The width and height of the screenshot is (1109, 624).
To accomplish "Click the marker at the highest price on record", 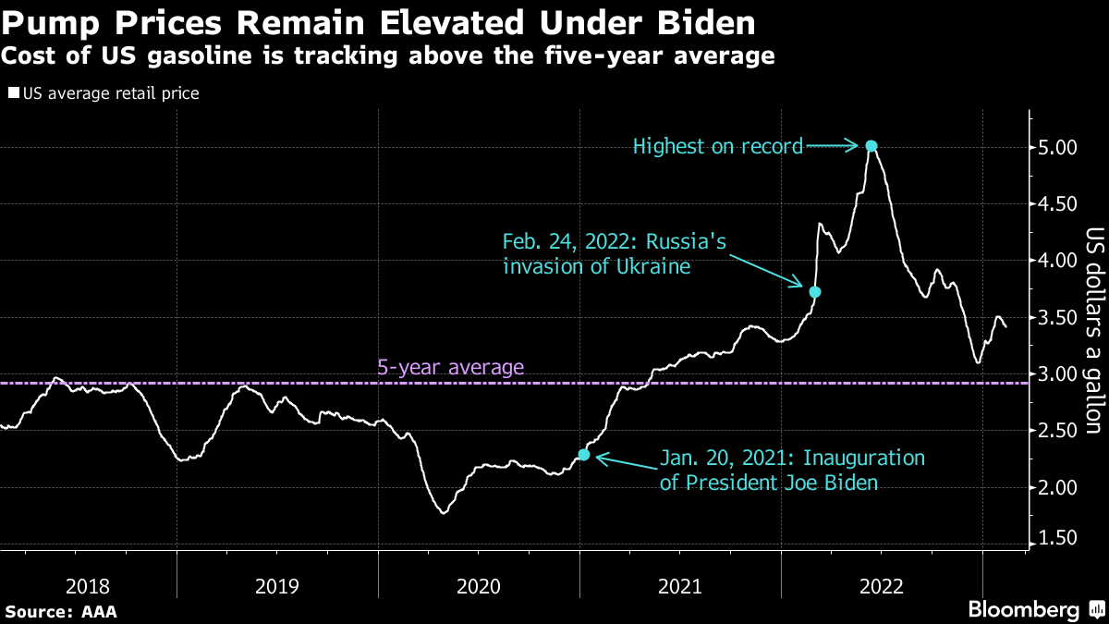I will pos(871,145).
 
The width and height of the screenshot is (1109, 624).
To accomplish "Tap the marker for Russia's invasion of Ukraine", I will pos(814,292).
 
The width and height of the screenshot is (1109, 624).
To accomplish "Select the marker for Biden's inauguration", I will pos(583,454).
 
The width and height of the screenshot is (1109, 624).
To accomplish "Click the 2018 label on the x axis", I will pos(89,585).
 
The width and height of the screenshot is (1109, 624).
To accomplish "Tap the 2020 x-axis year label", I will pos(479,585).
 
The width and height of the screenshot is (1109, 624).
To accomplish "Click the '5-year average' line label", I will pos(451,368).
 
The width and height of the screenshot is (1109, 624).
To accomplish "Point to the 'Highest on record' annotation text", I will pos(718,146).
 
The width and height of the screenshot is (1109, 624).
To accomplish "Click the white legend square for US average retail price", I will pos(13,93).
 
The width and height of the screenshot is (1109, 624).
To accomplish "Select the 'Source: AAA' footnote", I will pos(61,611).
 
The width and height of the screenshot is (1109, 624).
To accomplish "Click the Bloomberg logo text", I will pos(1023,609).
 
